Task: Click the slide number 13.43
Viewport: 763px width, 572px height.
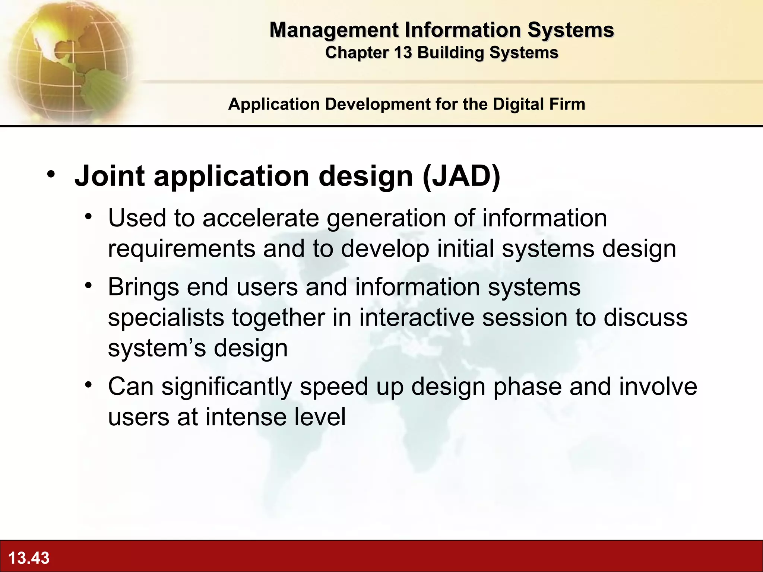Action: coord(29,558)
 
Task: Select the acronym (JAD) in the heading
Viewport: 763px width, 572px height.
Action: coord(462,176)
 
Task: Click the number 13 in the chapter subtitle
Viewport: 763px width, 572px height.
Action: coord(403,53)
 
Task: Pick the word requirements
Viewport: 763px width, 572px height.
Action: coord(181,249)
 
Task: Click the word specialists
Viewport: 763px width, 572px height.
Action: coord(166,318)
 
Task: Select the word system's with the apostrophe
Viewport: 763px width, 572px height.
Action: coord(157,348)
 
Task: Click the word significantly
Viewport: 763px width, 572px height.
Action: coord(227,387)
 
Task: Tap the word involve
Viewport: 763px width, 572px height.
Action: coord(658,387)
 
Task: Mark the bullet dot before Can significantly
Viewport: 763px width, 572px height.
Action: coord(88,385)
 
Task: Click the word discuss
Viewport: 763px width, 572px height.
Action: coord(645,318)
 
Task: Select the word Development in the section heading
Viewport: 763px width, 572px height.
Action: coord(378,104)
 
